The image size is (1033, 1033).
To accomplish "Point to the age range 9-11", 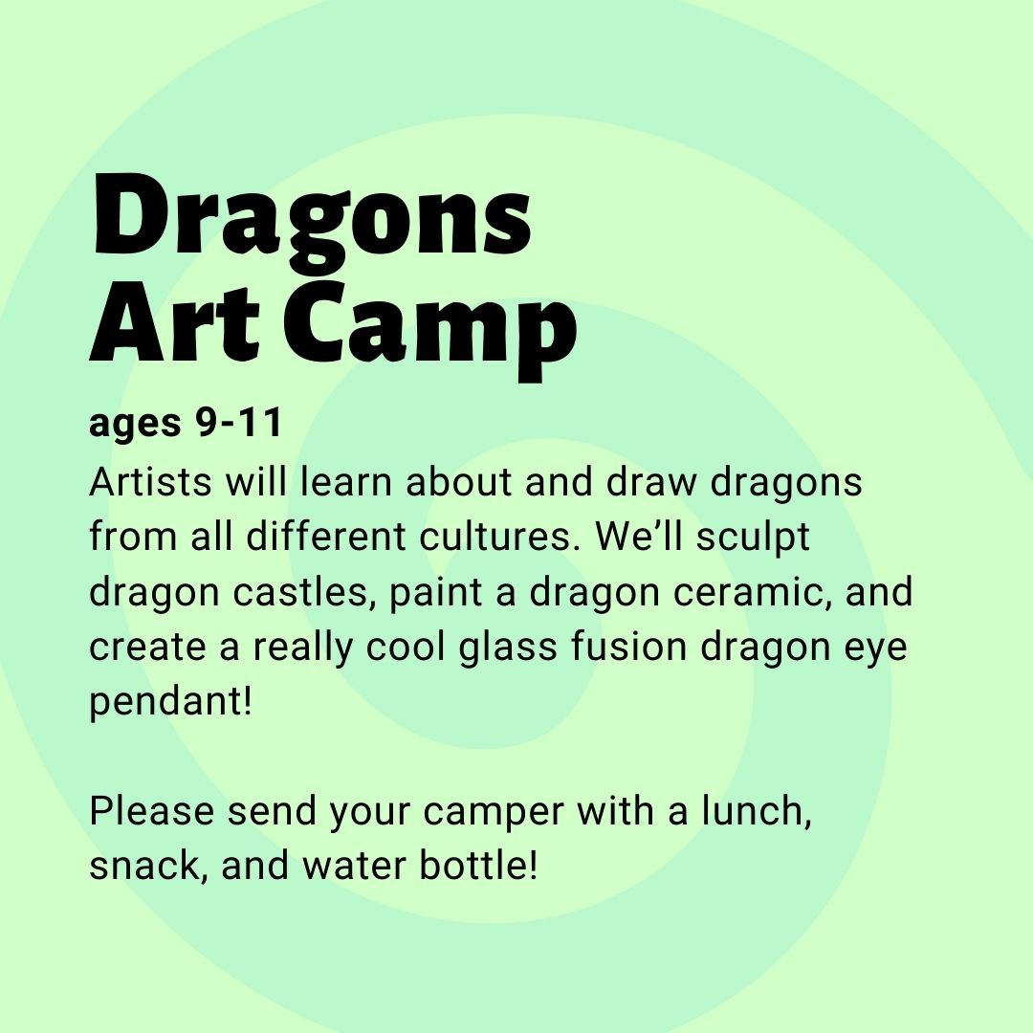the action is tap(239, 423).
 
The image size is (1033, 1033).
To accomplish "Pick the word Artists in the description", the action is tap(150, 482).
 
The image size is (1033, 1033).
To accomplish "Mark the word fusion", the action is tap(628, 647).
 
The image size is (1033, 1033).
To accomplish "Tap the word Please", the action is tap(151, 811).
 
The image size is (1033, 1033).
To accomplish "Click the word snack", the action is tap(145, 866).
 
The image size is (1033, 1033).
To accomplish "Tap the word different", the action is tap(326, 537).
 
